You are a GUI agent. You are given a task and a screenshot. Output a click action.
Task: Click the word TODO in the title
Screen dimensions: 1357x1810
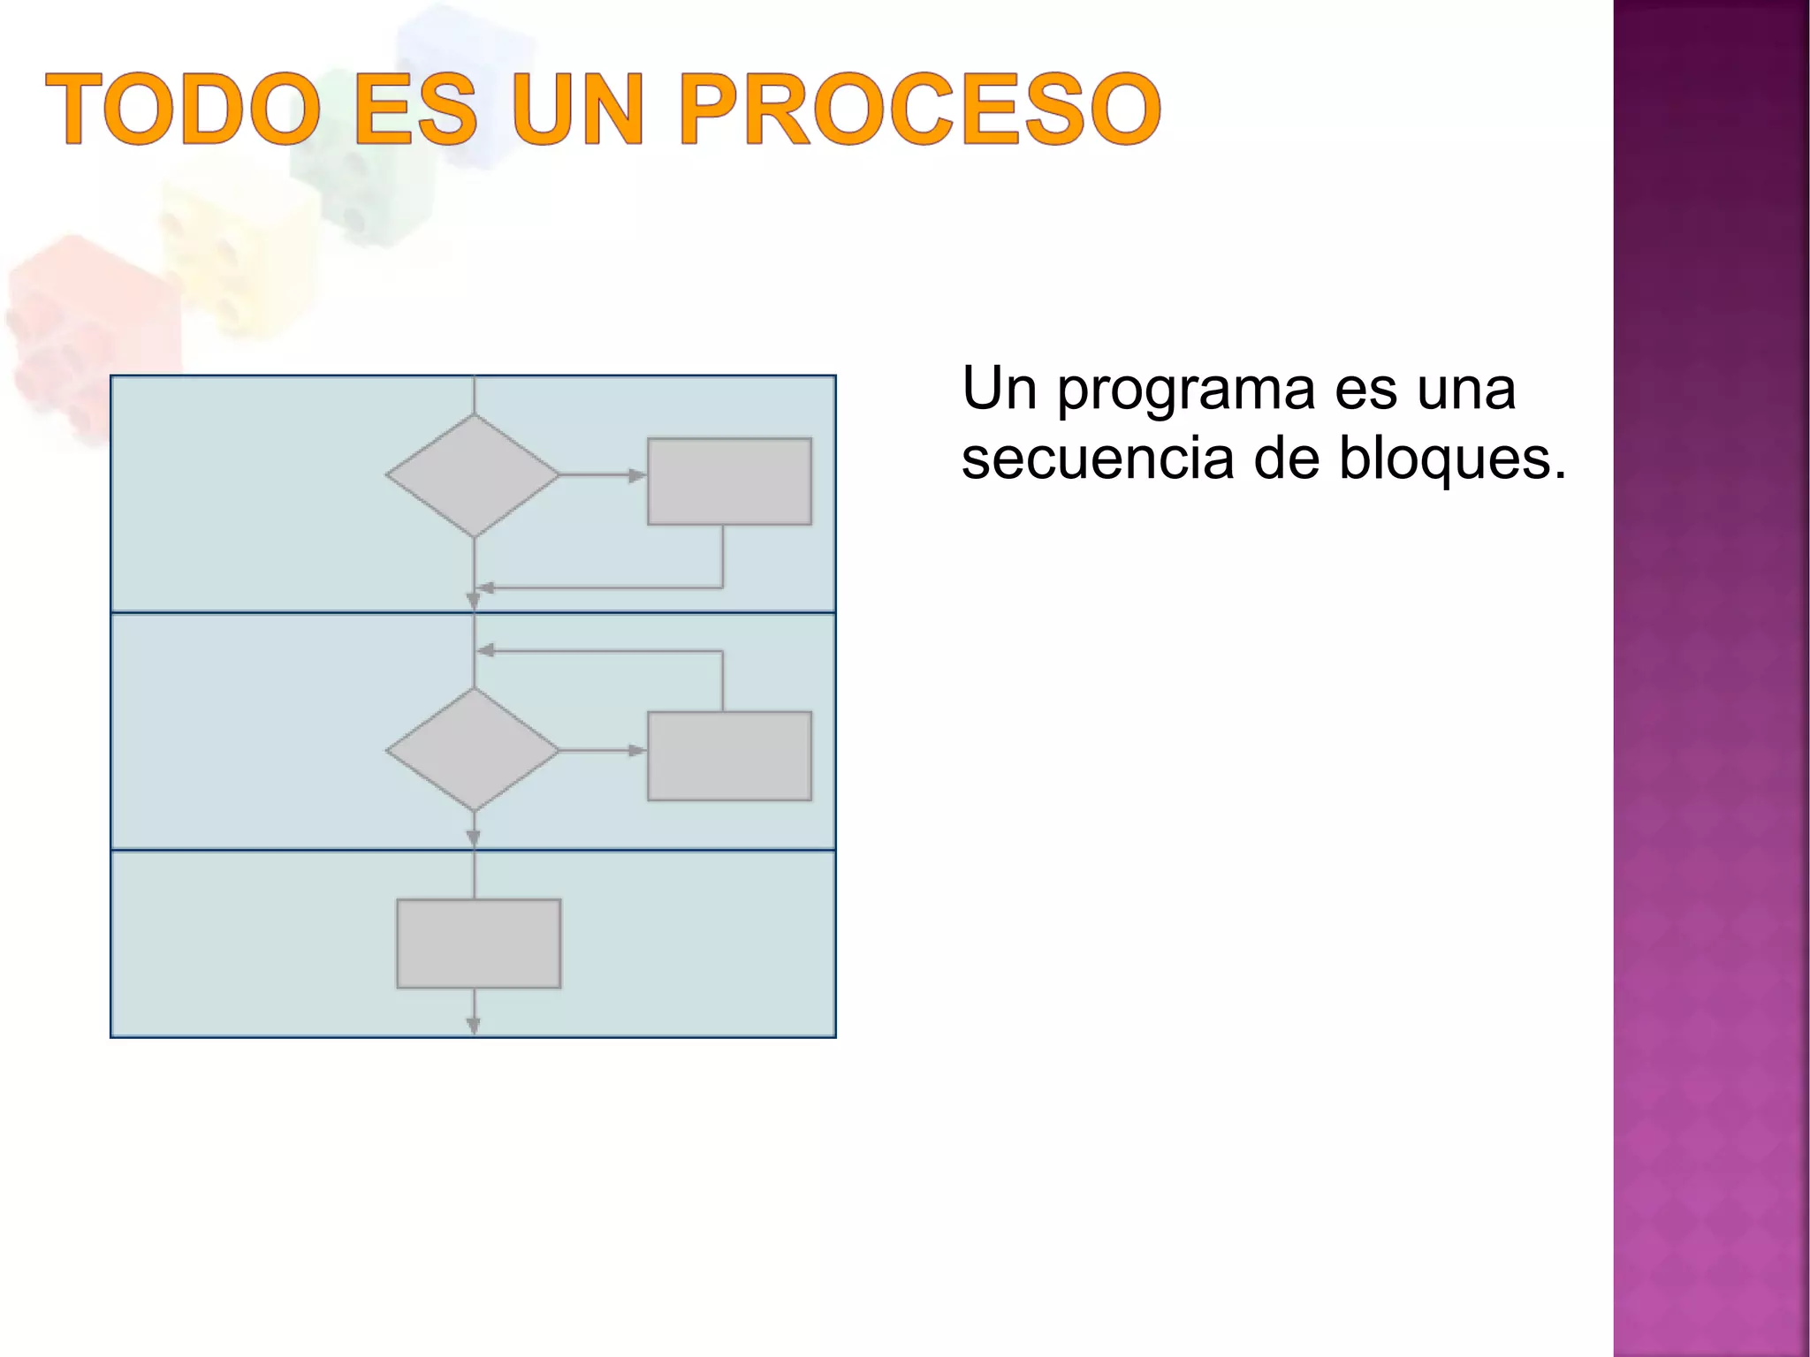[183, 110]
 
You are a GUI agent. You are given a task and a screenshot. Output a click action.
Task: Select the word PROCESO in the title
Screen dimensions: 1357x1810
[919, 110]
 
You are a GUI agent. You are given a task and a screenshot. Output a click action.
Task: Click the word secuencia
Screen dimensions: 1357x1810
[1097, 459]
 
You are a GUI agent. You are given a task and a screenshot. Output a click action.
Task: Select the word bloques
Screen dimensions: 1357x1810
[1452, 459]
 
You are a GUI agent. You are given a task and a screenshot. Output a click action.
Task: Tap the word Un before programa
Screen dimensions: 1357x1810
[999, 389]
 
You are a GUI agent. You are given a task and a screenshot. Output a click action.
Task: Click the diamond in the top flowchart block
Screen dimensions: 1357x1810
[473, 475]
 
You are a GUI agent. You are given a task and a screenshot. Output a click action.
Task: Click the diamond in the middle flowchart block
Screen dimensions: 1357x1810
[473, 749]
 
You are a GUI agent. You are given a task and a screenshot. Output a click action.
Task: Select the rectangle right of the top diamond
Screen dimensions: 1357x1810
[729, 481]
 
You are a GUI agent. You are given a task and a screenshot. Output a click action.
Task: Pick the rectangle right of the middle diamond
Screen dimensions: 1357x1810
[729, 756]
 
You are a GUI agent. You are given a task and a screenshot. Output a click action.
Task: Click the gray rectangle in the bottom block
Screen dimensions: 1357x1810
[478, 944]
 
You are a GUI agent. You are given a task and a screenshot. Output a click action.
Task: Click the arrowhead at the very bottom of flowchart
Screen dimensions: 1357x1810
[474, 1025]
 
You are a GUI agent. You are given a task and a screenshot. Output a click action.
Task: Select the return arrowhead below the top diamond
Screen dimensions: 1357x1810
[484, 588]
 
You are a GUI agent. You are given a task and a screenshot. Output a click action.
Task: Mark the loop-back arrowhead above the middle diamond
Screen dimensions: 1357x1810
[484, 651]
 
